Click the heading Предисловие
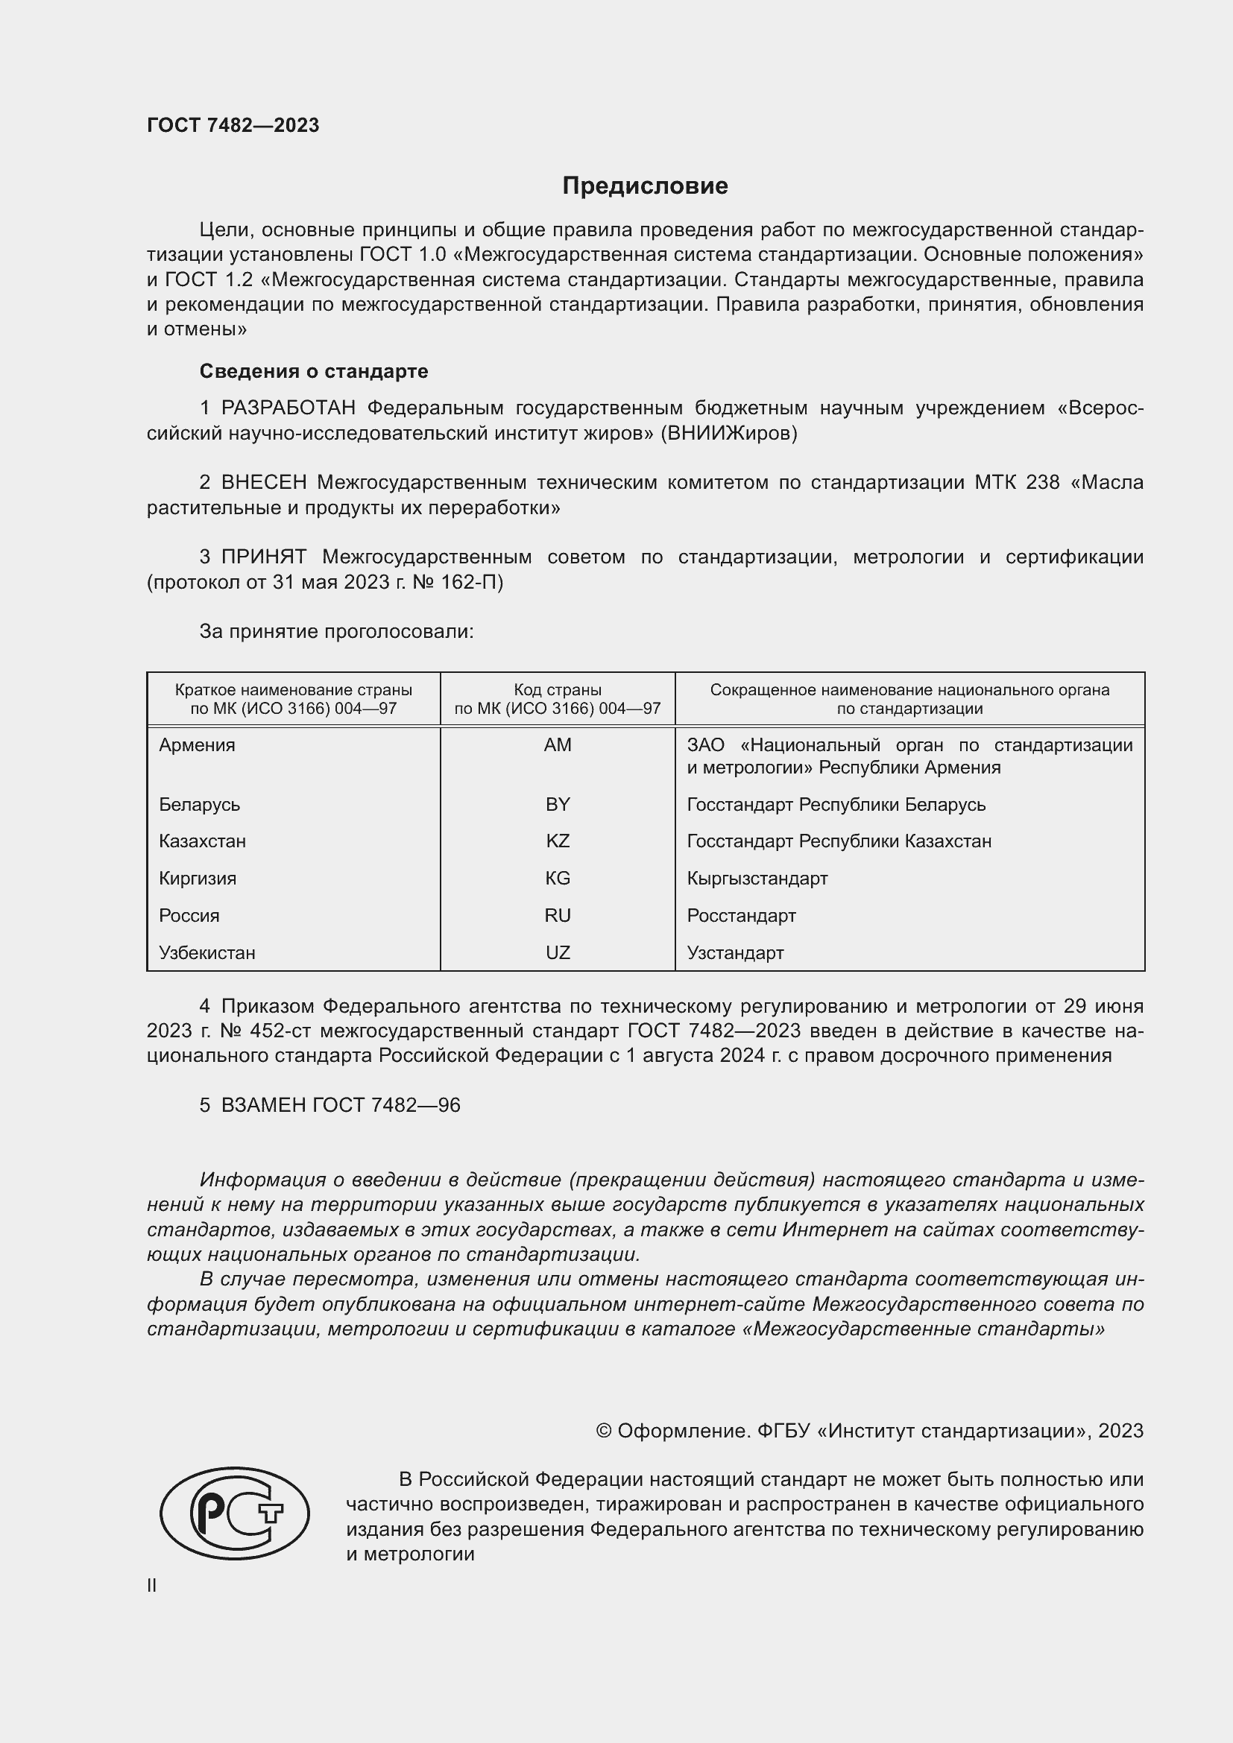[x=645, y=186]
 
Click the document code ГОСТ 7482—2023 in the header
[x=233, y=125]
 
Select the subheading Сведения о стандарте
[x=314, y=371]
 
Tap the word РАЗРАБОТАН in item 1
[x=288, y=408]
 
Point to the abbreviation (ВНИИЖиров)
[x=729, y=434]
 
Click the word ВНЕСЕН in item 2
[x=263, y=483]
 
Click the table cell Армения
[x=198, y=744]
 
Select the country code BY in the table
[x=558, y=804]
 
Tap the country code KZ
[x=558, y=841]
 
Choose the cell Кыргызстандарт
[x=757, y=879]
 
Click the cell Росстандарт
[x=741, y=916]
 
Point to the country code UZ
[x=558, y=953]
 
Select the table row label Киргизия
[x=198, y=879]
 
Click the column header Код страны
[x=558, y=690]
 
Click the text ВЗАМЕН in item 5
[x=262, y=1105]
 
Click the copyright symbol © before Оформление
[x=604, y=1431]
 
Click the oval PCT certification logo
[x=235, y=1513]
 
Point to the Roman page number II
[x=152, y=1585]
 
